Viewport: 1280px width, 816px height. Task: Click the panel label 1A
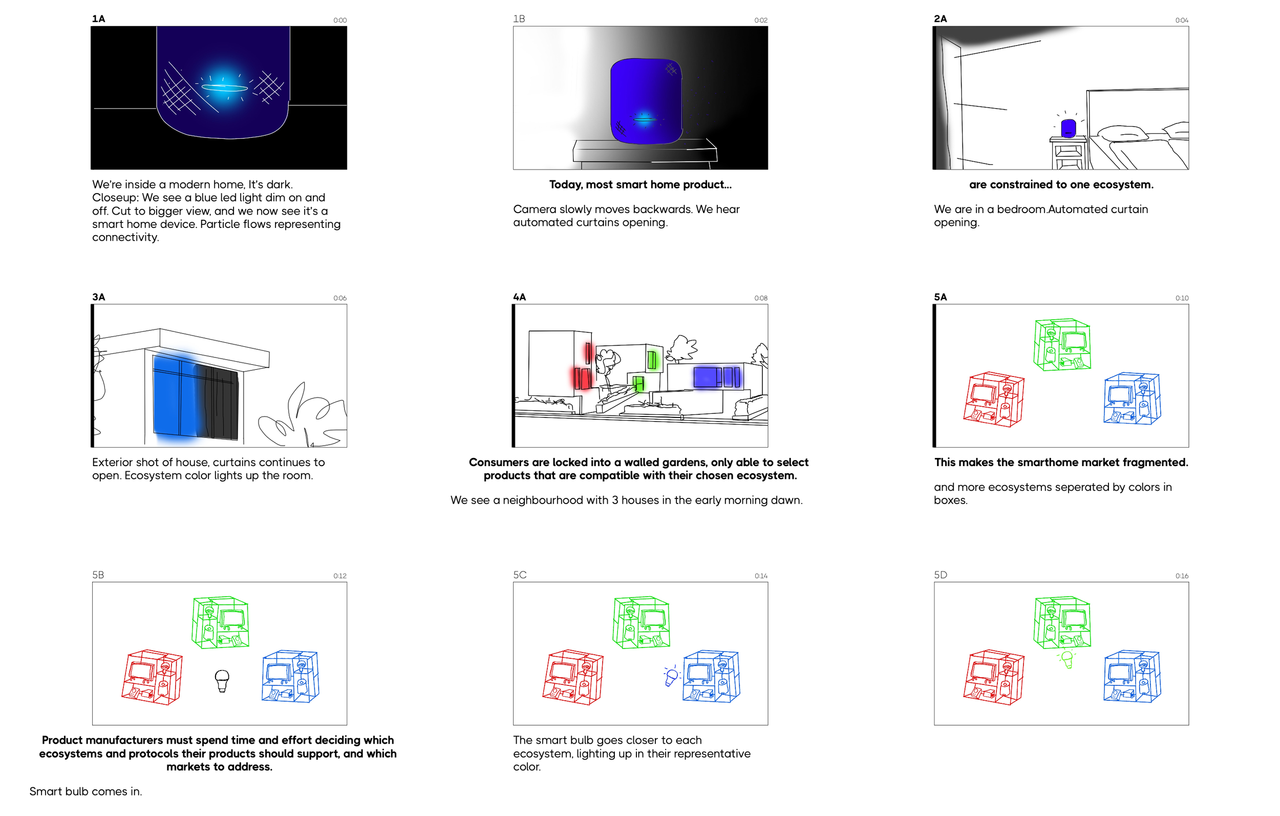click(98, 18)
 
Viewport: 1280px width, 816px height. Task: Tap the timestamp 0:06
click(339, 298)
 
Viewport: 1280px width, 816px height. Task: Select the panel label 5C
click(519, 575)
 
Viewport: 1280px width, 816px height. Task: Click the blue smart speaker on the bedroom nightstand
click(1068, 128)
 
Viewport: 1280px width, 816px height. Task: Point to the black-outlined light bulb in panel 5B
click(222, 680)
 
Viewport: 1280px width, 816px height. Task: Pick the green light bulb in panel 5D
click(1066, 660)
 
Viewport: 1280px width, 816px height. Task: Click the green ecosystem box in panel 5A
click(1062, 344)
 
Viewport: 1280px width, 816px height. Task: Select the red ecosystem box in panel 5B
click(152, 677)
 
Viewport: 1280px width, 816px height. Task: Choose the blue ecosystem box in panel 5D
click(1132, 676)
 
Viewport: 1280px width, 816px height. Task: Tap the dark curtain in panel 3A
click(217, 402)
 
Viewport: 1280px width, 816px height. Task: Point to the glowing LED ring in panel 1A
click(224, 88)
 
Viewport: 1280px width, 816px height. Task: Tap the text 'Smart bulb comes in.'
click(86, 791)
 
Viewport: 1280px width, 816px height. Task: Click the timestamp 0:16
click(1182, 576)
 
